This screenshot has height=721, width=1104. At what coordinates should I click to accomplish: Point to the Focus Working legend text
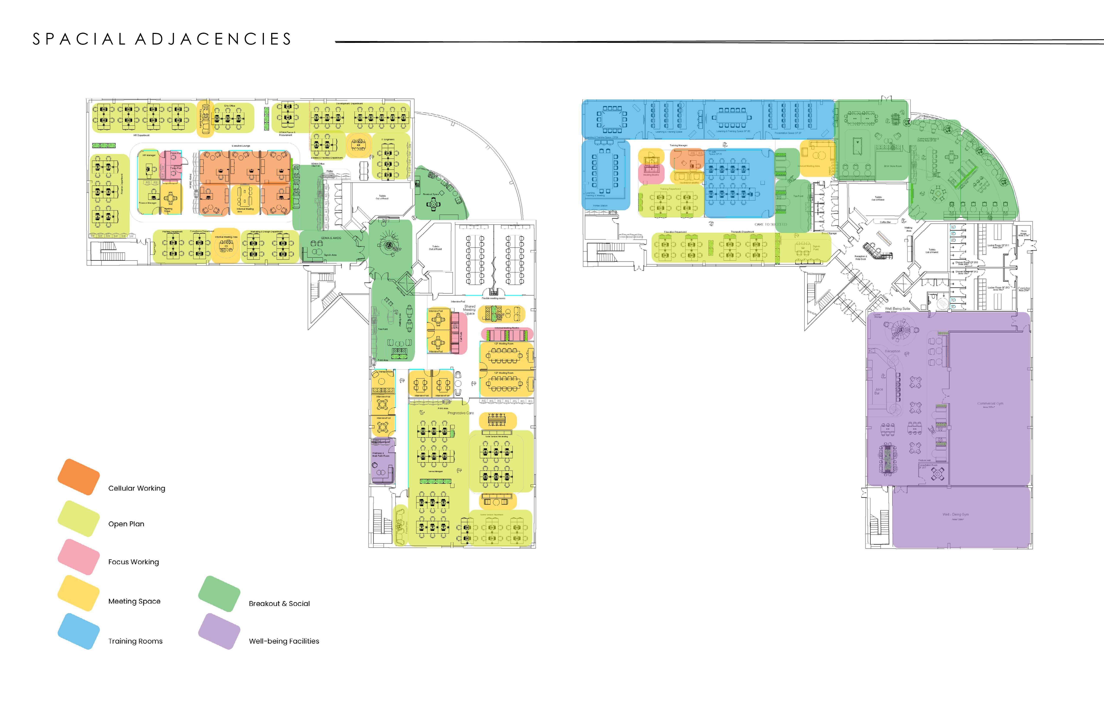[x=134, y=562]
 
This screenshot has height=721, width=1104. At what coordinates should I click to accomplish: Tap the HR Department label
[x=142, y=135]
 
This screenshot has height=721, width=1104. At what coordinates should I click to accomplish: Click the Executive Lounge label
[x=241, y=146]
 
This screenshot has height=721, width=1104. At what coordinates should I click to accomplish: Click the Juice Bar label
[x=879, y=391]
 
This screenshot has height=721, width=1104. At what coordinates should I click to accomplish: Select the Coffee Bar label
[x=885, y=222]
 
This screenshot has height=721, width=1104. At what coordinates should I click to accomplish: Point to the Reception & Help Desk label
[x=860, y=257]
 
